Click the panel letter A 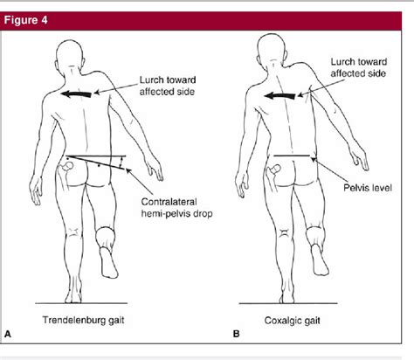pos(9,334)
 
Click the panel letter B pos(213,334)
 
